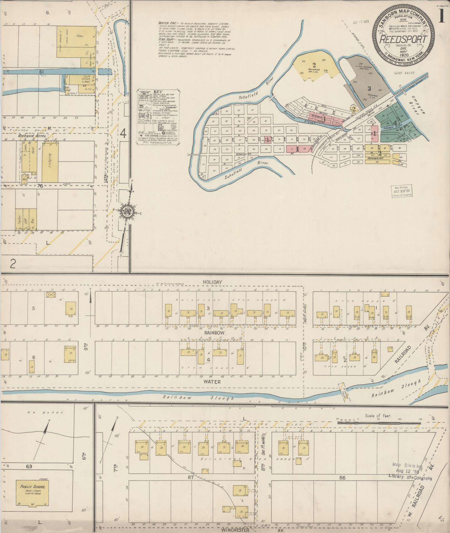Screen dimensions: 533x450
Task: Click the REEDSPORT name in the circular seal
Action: (403, 40)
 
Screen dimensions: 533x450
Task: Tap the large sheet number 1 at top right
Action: (441, 16)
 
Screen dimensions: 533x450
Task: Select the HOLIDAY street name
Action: (213, 282)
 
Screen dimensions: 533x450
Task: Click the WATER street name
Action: (212, 382)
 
